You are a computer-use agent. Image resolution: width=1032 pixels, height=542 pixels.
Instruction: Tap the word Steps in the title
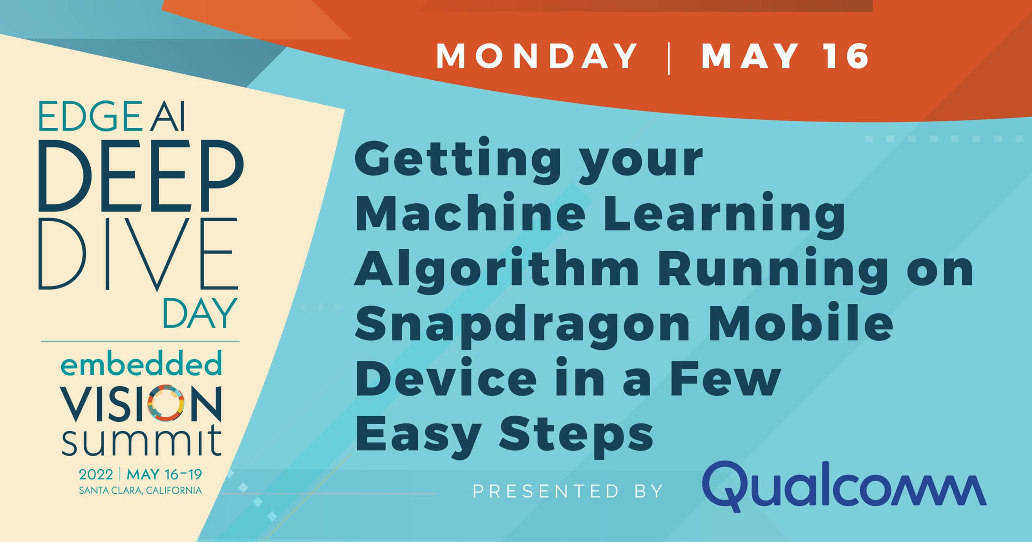576,435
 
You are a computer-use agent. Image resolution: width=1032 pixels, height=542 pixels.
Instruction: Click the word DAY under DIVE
199,313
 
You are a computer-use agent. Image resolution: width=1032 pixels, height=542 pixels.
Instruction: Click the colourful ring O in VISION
166,403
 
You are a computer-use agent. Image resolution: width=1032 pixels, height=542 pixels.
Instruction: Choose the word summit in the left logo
141,443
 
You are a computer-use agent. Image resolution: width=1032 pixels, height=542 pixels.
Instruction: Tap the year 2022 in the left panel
96,475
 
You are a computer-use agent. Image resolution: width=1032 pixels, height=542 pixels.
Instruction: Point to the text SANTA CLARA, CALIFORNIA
140,491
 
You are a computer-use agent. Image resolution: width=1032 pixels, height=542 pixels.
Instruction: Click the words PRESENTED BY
568,491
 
